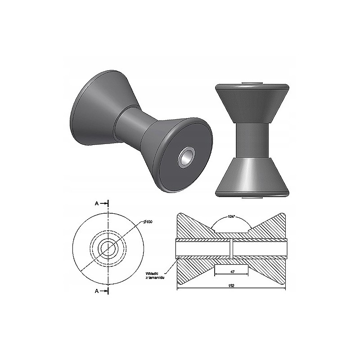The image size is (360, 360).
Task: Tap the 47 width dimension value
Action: click(x=231, y=272)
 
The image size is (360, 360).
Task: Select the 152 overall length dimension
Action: click(x=231, y=286)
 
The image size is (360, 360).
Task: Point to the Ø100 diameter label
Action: click(x=148, y=222)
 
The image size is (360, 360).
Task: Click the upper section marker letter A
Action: click(x=97, y=203)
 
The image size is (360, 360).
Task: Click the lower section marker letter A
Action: click(x=97, y=291)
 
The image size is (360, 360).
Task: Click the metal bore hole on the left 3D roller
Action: click(x=186, y=157)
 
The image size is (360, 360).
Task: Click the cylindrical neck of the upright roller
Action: click(x=252, y=139)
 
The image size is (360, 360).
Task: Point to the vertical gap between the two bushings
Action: click(x=231, y=248)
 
